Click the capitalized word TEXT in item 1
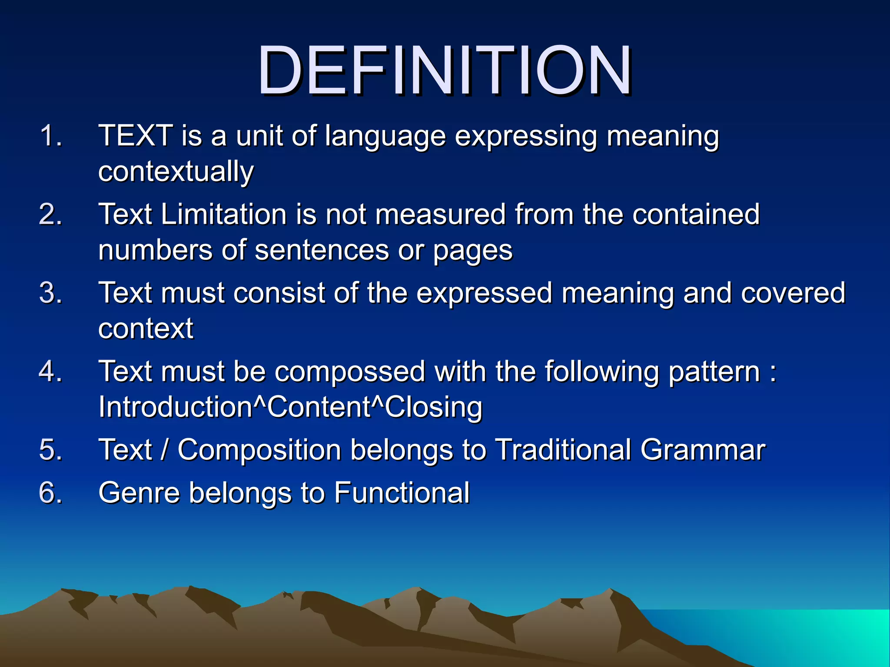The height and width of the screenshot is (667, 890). tap(136, 136)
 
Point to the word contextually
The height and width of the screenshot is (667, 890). tap(176, 172)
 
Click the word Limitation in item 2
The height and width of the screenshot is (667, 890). tap(224, 215)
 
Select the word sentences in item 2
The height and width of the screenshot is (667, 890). tap(322, 251)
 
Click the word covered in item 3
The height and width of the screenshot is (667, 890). tap(793, 293)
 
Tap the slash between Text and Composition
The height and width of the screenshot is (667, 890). tap(164, 450)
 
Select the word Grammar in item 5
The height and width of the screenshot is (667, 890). tap(703, 450)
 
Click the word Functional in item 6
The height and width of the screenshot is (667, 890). tap(402, 493)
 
